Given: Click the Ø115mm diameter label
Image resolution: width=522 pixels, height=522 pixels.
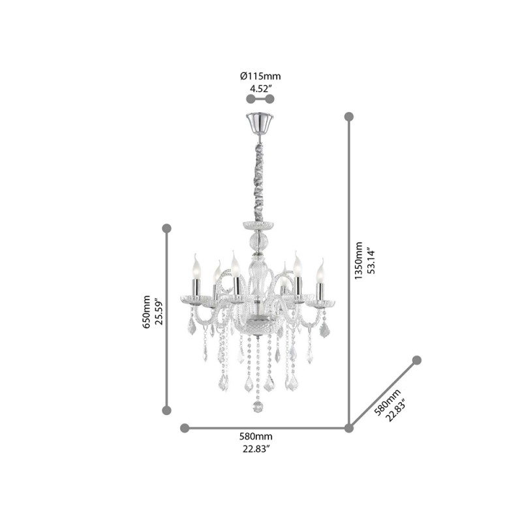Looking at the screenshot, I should pos(260,76).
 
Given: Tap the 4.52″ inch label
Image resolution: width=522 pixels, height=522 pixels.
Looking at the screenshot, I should pos(260,87).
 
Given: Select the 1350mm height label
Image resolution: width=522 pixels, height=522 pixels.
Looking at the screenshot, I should pos(358,261).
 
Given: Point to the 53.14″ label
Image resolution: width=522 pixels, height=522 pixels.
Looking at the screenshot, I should pos(371,261).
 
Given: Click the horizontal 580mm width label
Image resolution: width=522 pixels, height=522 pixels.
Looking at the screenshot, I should pos(257,436).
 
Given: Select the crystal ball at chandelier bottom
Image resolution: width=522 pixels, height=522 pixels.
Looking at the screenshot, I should pos(259,407).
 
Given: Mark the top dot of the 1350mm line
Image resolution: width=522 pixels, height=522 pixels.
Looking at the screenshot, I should pos(349,117).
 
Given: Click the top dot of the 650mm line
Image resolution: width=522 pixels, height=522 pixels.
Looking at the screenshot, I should pos(166,228).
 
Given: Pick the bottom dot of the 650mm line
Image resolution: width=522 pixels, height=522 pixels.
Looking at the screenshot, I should pos(166,410).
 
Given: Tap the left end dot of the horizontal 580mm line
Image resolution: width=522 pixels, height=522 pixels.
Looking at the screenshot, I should pos(185,428).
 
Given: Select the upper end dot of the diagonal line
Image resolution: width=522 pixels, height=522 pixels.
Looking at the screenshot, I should pos(417,360).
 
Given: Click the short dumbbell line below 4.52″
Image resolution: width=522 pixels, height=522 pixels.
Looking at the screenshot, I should pos(259,99).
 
